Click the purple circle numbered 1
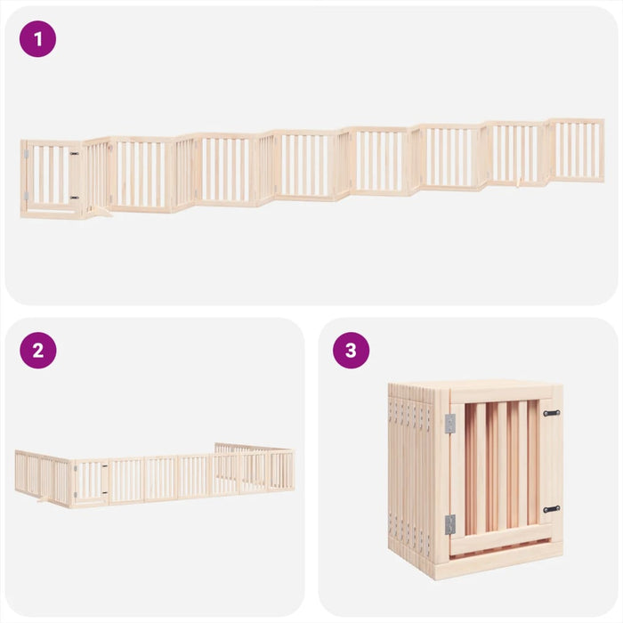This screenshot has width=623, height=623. click(x=37, y=39)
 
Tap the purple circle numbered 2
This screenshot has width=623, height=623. click(x=37, y=351)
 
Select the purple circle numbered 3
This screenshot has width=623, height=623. click(x=351, y=351)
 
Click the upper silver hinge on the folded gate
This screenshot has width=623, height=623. click(x=450, y=424)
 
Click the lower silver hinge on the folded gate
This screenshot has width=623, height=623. click(x=450, y=524)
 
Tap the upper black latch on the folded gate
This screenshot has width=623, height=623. click(x=552, y=413)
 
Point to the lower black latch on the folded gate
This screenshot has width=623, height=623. click(x=552, y=509)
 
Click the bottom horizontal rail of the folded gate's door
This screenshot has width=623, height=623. click(x=503, y=538)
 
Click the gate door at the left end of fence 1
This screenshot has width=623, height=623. click(x=52, y=176)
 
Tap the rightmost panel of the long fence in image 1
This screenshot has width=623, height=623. click(x=575, y=150)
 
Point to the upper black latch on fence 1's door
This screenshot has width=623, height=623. click(x=75, y=154)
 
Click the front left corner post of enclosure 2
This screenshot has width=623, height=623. click(x=71, y=484)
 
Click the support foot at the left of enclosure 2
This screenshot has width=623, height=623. click(x=41, y=501)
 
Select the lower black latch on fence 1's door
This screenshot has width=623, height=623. click(x=75, y=197)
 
